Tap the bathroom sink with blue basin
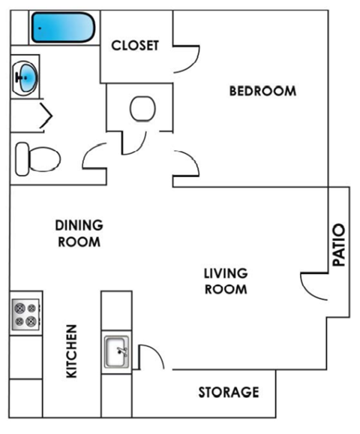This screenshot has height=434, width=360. [x=26, y=76]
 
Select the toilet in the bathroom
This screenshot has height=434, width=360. [x=37, y=158]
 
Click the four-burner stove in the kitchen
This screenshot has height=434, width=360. [x=25, y=313]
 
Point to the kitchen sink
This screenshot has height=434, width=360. [x=117, y=351]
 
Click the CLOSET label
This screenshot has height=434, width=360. [x=135, y=45]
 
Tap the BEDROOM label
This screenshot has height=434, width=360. [x=262, y=91]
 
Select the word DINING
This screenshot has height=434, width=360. [x=79, y=225]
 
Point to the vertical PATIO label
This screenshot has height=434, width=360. [x=339, y=246]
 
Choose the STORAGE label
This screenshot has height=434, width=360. [x=229, y=392]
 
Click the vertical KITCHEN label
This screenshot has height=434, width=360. [x=72, y=351]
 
